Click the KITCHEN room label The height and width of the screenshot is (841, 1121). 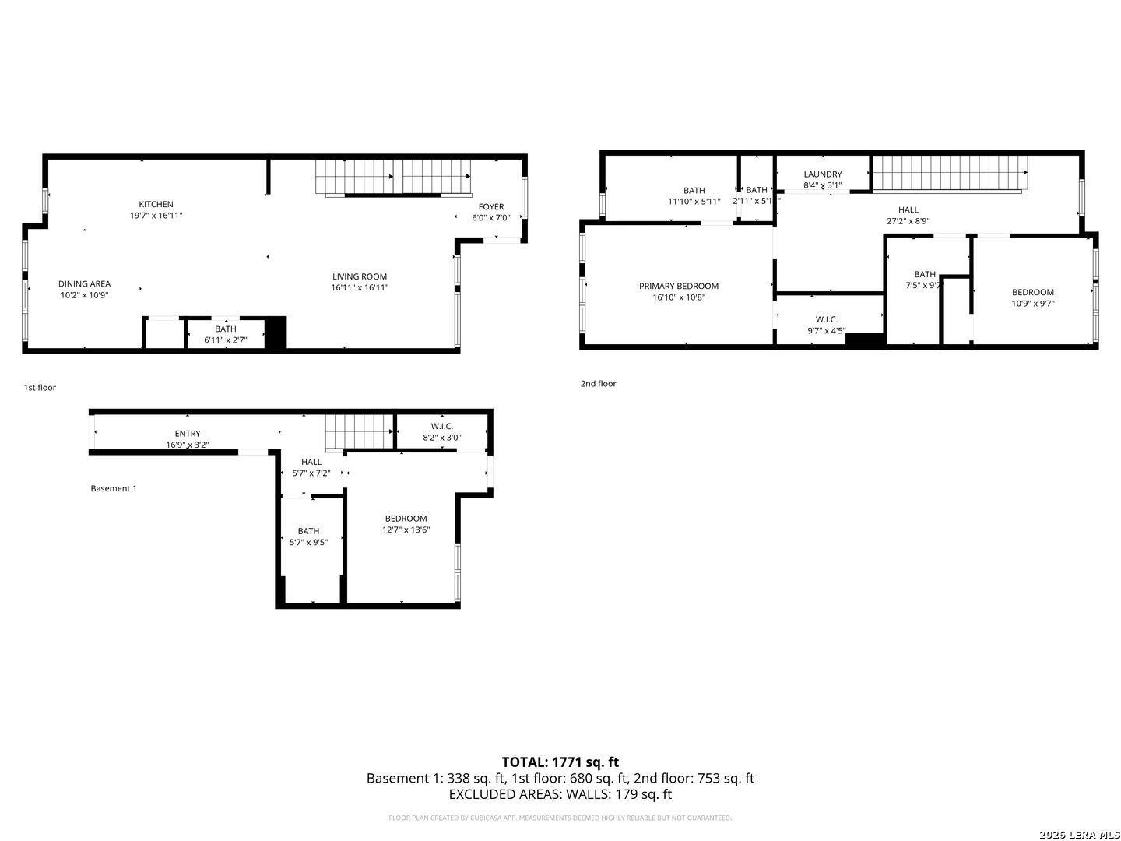coord(156,205)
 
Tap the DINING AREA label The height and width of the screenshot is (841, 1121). coord(84,284)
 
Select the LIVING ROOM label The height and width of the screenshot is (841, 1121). coord(359,276)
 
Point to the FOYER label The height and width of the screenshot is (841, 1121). coord(490,207)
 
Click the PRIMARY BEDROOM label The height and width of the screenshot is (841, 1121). coord(678,287)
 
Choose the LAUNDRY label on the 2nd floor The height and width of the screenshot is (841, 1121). coord(822,174)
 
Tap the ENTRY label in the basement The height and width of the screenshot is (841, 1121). coord(187,434)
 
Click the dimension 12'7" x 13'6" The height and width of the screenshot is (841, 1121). coord(406,530)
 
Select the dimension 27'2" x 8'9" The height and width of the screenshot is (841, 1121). coord(908,220)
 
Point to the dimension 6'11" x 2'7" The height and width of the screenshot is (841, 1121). coord(225,340)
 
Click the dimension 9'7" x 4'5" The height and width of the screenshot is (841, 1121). coord(826,330)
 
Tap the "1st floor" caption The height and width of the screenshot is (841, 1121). coord(40,388)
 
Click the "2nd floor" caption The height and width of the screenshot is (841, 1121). coord(598,384)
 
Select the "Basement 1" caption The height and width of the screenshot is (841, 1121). coord(114,489)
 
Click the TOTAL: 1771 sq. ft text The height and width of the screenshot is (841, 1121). coord(560,762)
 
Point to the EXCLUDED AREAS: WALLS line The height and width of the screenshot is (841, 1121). coord(560,794)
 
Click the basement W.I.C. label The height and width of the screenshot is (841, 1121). coord(441,426)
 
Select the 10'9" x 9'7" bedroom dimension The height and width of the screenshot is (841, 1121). coord(1032,304)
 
